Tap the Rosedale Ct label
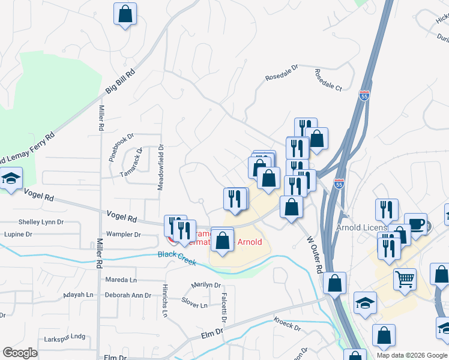pos(328,80)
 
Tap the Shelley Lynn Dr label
pos(41,222)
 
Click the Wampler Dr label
pos(123,235)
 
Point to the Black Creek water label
pos(177,254)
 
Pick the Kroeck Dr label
pos(287,324)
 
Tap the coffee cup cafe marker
pos(415,224)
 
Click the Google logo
pos(20,353)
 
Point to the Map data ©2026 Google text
pos(412,355)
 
